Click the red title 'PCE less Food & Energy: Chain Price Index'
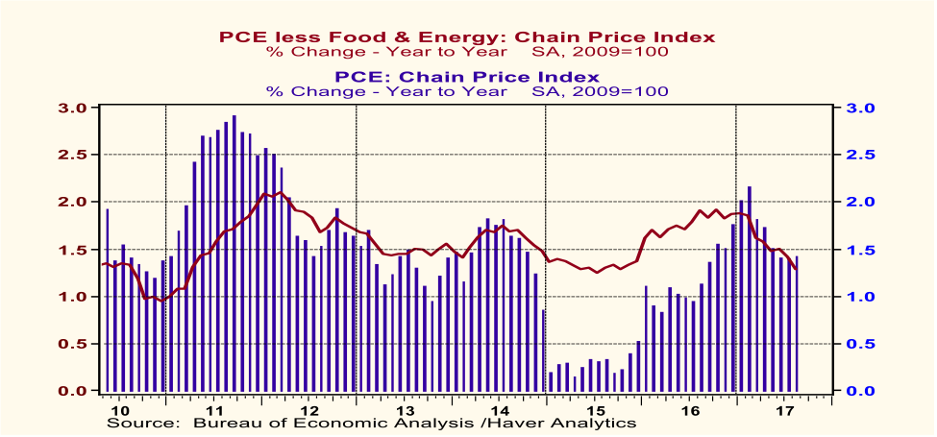click(x=467, y=36)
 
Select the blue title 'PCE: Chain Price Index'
click(x=467, y=76)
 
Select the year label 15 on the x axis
click(x=594, y=408)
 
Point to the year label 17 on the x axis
click(x=783, y=408)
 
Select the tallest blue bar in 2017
click(x=750, y=288)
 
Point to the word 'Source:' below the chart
click(x=142, y=422)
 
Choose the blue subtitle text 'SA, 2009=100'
click(x=600, y=91)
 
